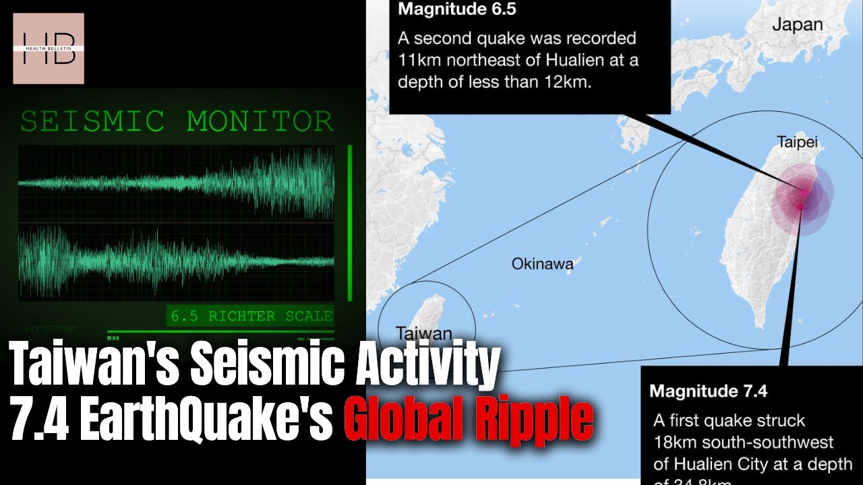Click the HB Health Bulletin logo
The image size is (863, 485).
coord(49,48)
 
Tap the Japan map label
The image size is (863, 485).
coord(798,25)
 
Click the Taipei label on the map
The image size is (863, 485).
coord(796,142)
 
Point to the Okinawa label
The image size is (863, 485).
coord(542,263)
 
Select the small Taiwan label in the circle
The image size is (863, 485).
coord(423,333)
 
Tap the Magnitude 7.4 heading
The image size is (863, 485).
coord(708,390)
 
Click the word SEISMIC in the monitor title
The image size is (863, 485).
coord(92,122)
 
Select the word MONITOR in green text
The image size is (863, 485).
coord(260,122)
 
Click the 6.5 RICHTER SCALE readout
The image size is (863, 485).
coord(251,316)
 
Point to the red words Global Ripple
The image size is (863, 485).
coord(469,419)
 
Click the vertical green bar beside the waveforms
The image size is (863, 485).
coord(350,222)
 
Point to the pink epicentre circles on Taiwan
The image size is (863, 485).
coord(802,197)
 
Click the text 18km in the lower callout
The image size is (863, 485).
coord(673,443)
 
